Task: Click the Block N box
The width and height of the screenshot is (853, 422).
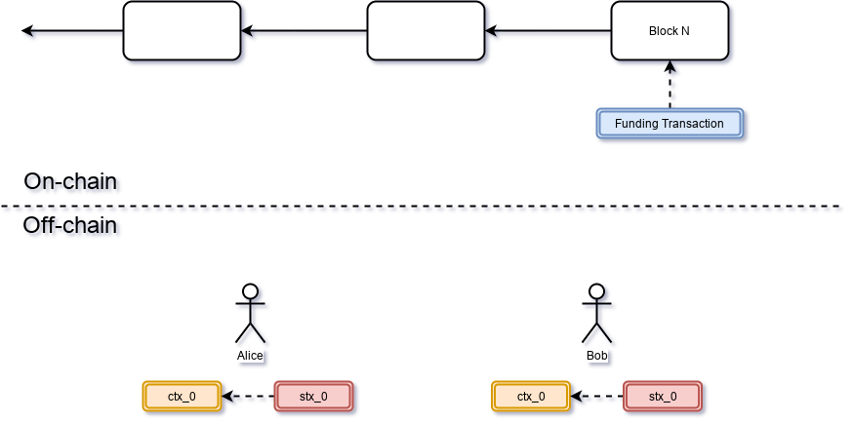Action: pos(670,31)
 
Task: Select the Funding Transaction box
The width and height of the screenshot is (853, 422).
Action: pos(670,124)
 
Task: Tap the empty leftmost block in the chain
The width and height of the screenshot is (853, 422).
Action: pos(182,31)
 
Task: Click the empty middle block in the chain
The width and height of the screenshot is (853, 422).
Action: pos(426,31)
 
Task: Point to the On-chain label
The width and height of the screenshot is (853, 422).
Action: pos(72,182)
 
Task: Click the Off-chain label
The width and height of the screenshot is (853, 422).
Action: pos(72,227)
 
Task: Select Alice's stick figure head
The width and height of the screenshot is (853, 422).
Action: pos(251,291)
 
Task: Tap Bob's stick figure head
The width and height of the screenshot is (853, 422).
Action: pos(597,291)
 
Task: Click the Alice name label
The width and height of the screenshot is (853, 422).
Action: pos(251,356)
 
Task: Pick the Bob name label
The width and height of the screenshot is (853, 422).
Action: pos(597,356)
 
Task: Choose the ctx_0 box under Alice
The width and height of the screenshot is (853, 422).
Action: pos(182,396)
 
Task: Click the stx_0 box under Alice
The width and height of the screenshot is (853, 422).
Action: pos(312,396)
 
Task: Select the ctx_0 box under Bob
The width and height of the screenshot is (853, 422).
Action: pos(531,396)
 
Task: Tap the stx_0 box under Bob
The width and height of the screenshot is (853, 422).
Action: pos(662,396)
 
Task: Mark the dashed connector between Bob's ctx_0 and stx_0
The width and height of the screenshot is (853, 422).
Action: pos(597,398)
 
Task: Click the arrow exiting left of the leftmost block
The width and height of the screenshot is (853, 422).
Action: pos(74,35)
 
